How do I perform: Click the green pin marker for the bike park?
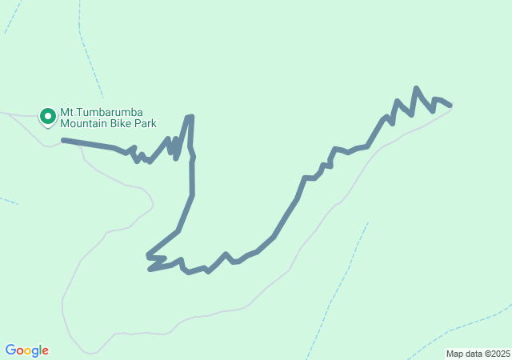click(x=48, y=117)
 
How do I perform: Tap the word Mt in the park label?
click(x=67, y=112)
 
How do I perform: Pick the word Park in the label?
click(x=146, y=124)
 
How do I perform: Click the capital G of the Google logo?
click(x=10, y=350)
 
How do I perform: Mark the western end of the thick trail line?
click(x=63, y=140)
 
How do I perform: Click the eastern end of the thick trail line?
click(x=450, y=105)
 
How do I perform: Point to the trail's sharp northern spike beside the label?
click(x=190, y=118)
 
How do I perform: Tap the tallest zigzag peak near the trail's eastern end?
click(x=416, y=88)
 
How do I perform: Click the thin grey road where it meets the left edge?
click(x=2, y=113)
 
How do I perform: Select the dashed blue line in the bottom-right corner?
click(x=464, y=324)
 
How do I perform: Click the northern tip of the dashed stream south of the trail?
click(x=367, y=224)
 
